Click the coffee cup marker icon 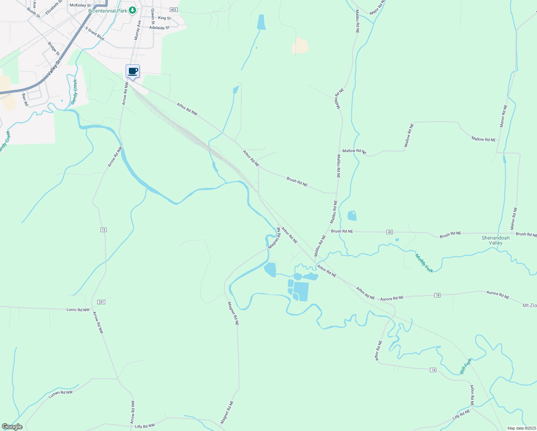tap(132, 71)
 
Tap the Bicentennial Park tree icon tap(132, 10)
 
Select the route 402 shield tap(174, 10)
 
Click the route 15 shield tap(103, 230)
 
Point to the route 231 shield tap(101, 302)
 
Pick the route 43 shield tap(389, 232)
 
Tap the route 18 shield tap(437, 295)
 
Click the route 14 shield tap(433, 370)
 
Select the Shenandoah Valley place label tap(495, 240)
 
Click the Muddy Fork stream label tap(424, 263)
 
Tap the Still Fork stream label tap(466, 366)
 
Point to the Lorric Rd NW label tap(78, 310)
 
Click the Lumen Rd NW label tap(61, 394)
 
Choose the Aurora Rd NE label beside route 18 tap(392, 298)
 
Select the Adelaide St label tap(159, 28)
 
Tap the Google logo tap(12, 427)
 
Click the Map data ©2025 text tap(521, 428)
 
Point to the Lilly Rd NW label tap(145, 426)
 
